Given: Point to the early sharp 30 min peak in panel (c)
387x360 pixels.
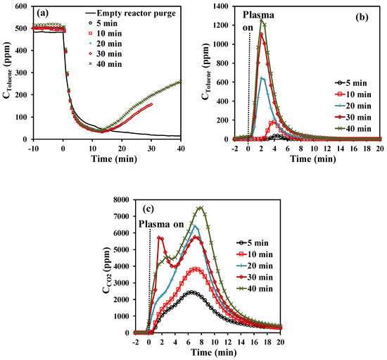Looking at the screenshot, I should pyautogui.click(x=160, y=237).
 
